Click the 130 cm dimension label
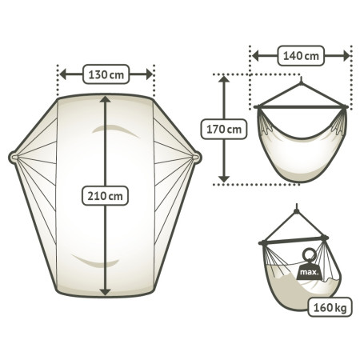click(x=106, y=74)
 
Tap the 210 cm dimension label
click(x=105, y=196)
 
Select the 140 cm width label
click(x=301, y=56)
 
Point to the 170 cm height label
click(x=224, y=129)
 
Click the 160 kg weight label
click(x=330, y=307)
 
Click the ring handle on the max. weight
click(x=310, y=255)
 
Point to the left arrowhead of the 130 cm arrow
click(x=63, y=74)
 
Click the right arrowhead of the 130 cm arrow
click(x=149, y=74)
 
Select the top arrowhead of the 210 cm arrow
click(x=106, y=100)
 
